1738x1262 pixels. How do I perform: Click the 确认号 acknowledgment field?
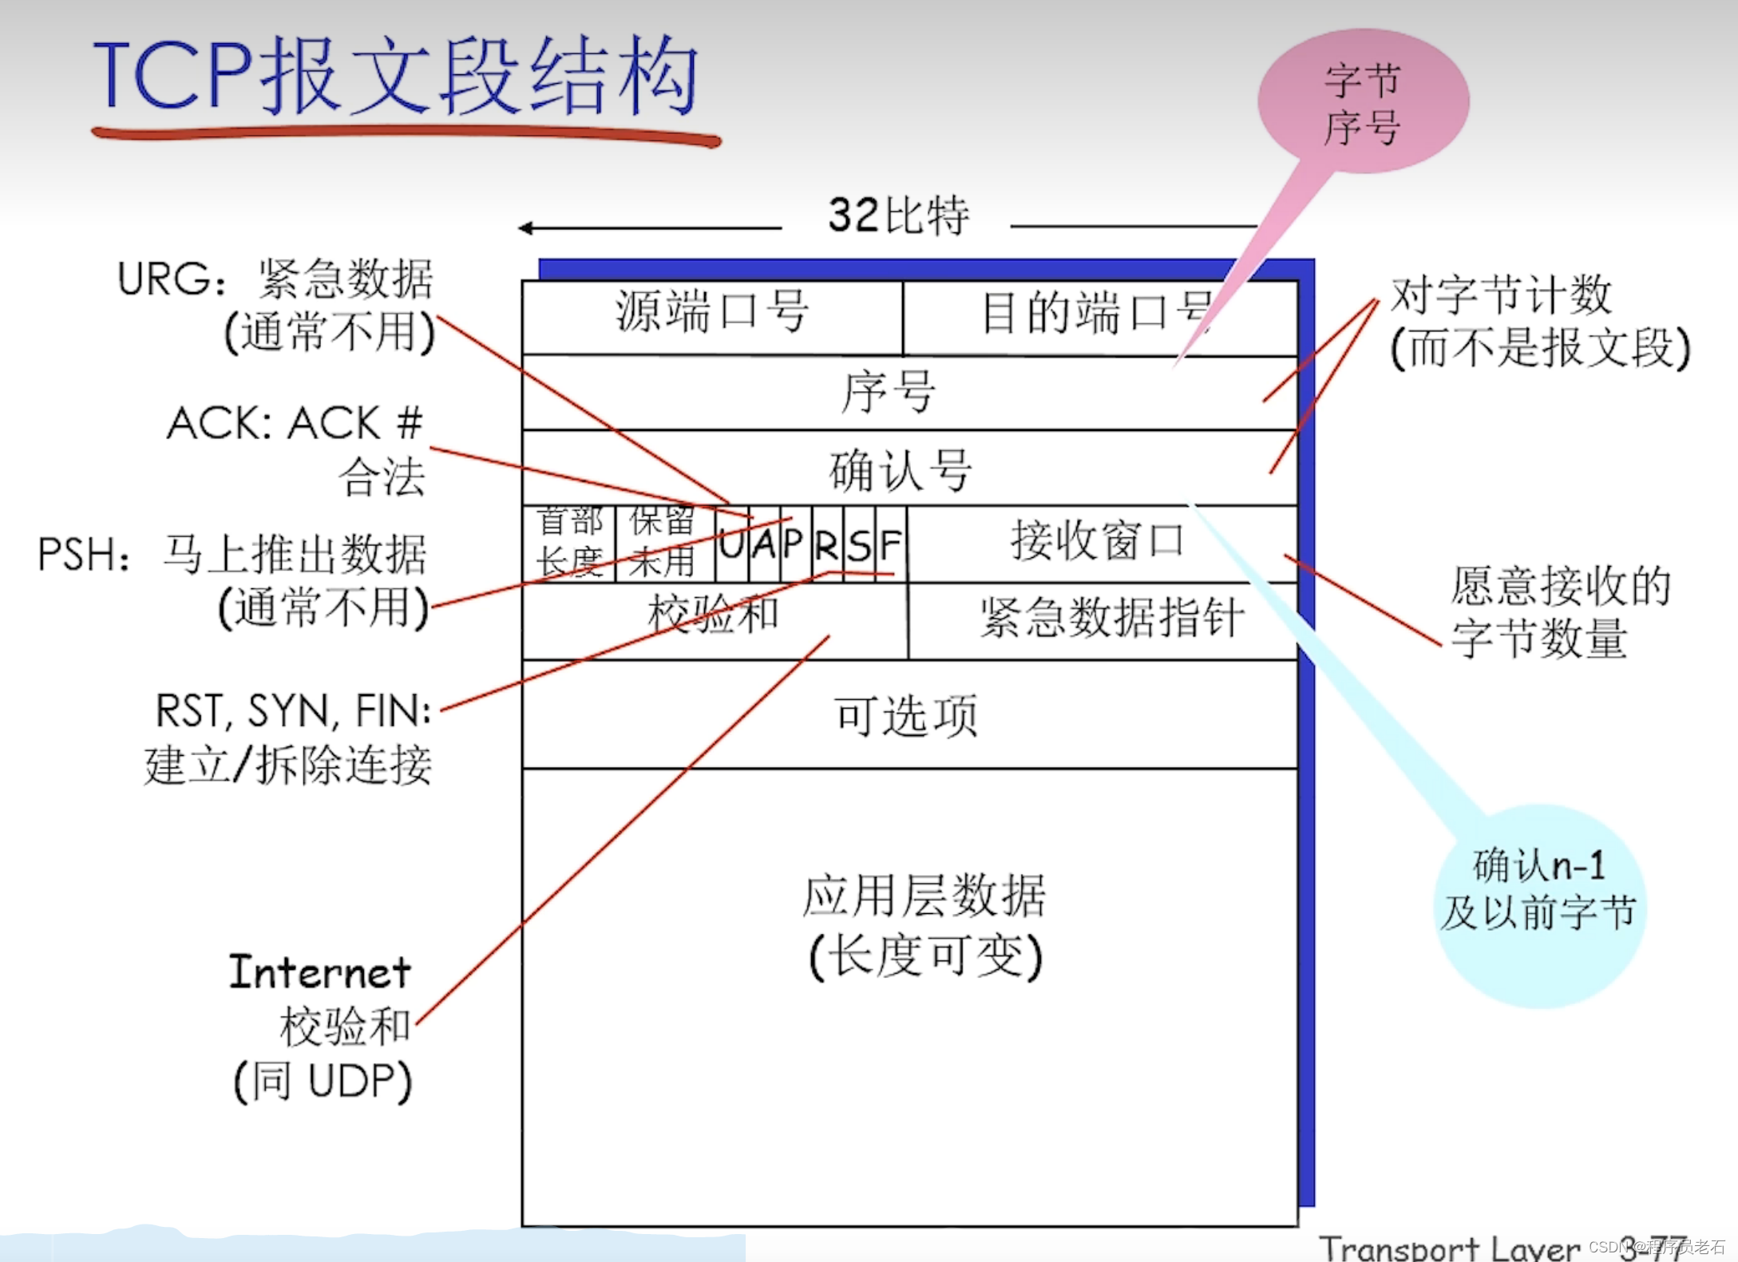[x=900, y=470]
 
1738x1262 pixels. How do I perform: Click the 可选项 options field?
[x=906, y=715]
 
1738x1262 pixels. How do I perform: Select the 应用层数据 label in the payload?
[x=924, y=896]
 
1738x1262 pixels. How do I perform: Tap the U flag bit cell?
[x=731, y=545]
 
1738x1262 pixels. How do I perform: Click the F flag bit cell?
[x=891, y=545]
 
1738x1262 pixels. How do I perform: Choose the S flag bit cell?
[x=859, y=545]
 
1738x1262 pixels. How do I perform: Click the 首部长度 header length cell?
[x=568, y=542]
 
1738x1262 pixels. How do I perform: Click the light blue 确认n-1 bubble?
[x=1538, y=890]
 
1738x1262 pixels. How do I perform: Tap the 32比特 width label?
[x=898, y=216]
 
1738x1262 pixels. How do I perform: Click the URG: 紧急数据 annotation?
[x=275, y=280]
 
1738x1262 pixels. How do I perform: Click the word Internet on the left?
[x=320, y=972]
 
